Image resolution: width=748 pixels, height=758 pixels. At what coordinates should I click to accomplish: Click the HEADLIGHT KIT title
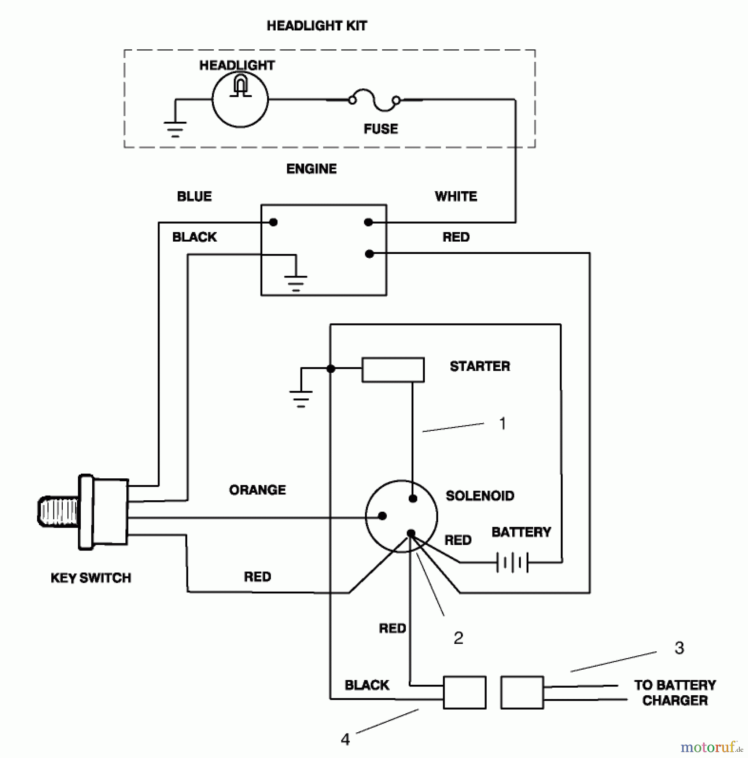point(317,26)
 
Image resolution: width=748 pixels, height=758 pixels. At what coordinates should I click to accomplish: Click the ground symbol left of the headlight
point(175,128)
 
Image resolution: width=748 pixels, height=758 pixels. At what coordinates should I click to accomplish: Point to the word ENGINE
point(311,169)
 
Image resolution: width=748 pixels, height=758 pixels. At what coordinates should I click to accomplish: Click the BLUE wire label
point(194,197)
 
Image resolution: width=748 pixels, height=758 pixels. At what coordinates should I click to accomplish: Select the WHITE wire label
point(456,197)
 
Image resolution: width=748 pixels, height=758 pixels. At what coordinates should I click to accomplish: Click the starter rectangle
point(393,370)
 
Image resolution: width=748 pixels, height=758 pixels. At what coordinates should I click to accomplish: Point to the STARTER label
point(480,366)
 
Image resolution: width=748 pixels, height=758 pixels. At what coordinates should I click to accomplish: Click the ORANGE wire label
point(257,490)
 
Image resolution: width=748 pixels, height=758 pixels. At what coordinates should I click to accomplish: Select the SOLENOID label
point(480,496)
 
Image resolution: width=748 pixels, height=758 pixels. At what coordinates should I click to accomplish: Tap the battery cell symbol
point(512,563)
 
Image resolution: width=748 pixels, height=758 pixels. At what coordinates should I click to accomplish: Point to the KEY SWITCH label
point(91,578)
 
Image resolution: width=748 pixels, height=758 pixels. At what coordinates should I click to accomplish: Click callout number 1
point(502,424)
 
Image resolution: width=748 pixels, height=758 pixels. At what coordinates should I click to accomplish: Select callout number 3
point(679,648)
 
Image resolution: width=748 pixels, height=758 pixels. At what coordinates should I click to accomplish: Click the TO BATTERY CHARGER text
point(675,693)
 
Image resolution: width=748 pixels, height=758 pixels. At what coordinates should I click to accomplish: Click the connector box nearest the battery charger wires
point(522,693)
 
